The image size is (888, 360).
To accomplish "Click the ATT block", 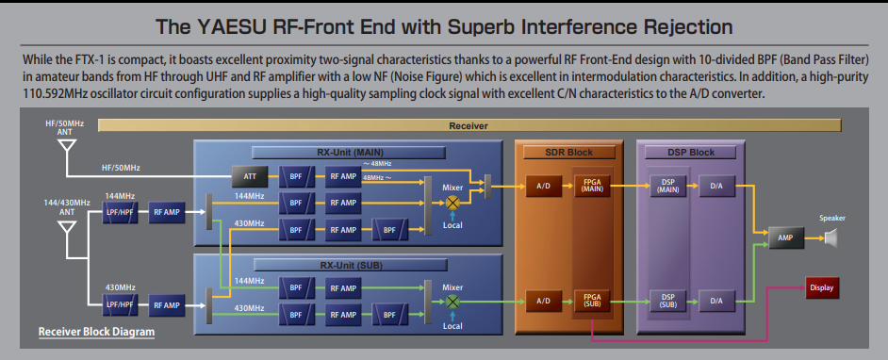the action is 250,176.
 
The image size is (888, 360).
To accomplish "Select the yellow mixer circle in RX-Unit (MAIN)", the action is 452,203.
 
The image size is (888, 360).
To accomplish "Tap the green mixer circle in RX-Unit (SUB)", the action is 452,302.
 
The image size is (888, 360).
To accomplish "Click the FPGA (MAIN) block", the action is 592,186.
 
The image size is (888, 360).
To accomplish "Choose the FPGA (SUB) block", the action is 592,301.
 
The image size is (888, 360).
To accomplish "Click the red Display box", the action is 822,287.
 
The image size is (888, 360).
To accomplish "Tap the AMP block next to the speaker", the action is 785,238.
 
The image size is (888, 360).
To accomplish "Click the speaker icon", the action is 830,238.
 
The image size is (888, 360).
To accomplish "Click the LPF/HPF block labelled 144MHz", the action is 120,212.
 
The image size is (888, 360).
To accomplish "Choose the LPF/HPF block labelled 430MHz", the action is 120,305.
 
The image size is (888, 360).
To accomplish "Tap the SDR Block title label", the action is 569,153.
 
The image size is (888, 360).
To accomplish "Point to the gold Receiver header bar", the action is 469,125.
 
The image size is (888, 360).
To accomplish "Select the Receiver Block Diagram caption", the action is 96,332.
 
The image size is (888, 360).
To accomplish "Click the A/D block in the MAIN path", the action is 543,186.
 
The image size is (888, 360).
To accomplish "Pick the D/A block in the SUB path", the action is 716,301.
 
